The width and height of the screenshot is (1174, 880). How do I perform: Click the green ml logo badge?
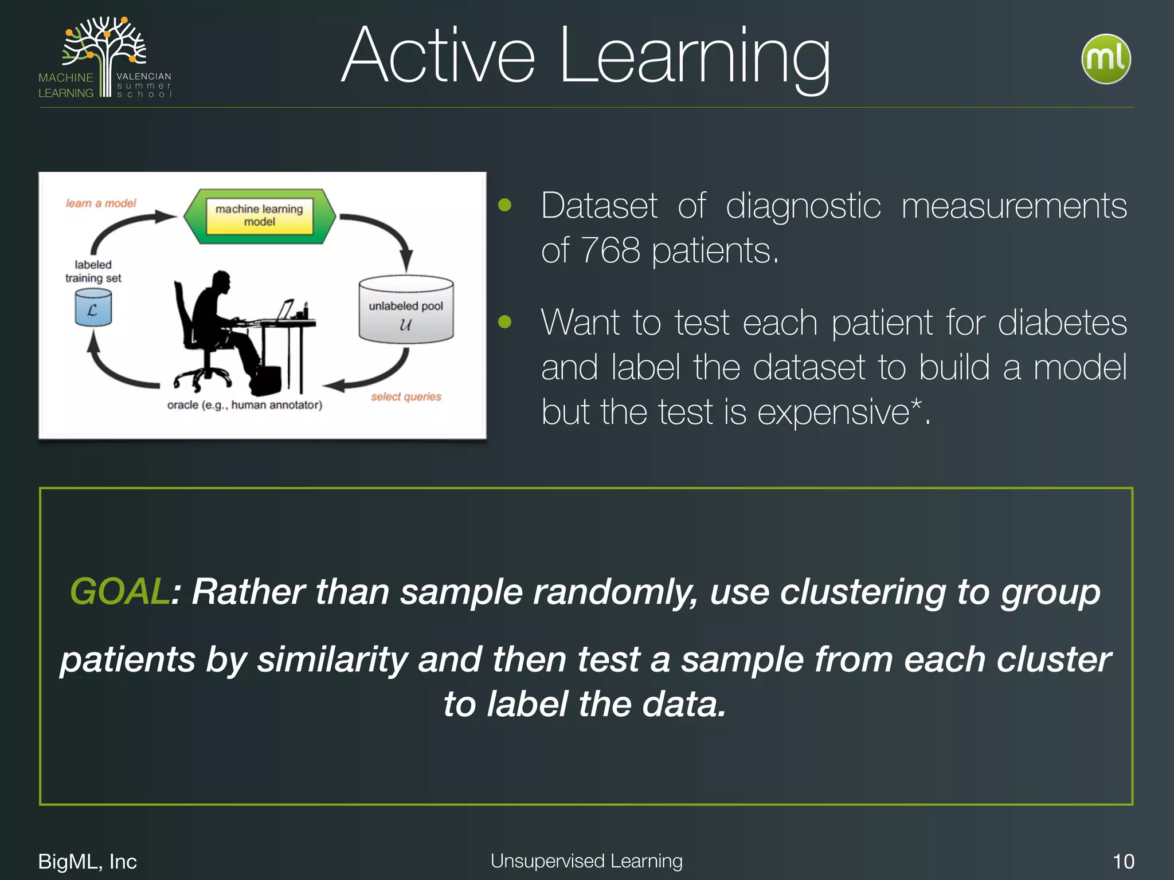[1105, 59]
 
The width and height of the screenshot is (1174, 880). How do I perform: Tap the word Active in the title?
[438, 57]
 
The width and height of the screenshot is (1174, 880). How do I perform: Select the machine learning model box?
[260, 216]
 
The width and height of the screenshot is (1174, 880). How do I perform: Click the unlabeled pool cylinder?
[406, 311]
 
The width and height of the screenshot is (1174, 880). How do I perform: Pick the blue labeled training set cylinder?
[93, 308]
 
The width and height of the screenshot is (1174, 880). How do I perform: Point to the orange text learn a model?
[101, 203]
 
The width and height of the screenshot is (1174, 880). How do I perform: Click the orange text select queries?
[406, 396]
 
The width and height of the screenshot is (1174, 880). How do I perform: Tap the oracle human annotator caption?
[245, 405]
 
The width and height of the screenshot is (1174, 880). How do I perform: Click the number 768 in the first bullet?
[610, 251]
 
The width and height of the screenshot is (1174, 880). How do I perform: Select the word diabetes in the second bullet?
[1062, 323]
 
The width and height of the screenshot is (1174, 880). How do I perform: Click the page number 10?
[1122, 861]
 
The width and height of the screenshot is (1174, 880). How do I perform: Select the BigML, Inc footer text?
[87, 861]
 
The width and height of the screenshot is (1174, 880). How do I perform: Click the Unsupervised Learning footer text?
[586, 861]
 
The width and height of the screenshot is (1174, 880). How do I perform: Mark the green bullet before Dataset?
[504, 205]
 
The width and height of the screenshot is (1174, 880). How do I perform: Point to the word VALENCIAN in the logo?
[143, 76]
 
